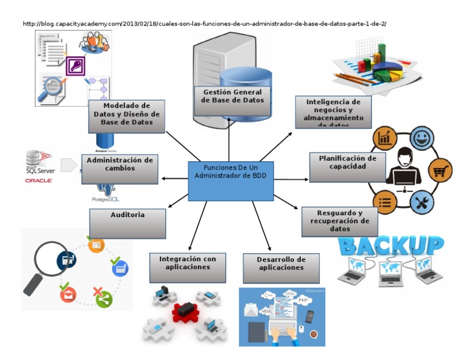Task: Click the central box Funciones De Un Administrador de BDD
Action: click(x=231, y=181)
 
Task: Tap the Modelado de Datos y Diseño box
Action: click(x=127, y=116)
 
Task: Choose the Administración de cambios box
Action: click(x=120, y=168)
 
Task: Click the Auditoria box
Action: click(x=128, y=224)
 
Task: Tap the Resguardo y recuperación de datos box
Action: click(x=340, y=221)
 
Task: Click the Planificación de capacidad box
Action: click(x=348, y=167)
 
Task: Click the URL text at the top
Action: click(x=205, y=24)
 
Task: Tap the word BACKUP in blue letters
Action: click(x=391, y=245)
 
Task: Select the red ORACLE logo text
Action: click(x=39, y=180)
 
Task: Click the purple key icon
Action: click(x=75, y=65)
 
